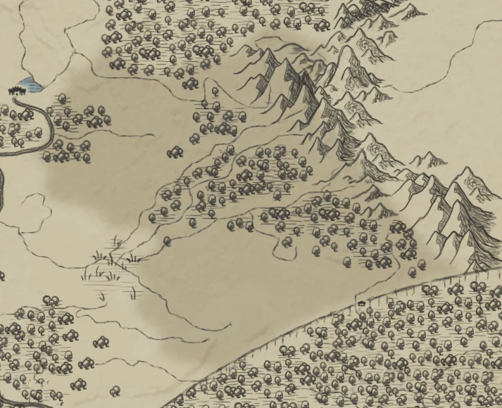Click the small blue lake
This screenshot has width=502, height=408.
tap(30, 85)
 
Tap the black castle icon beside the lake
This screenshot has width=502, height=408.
tap(14, 90)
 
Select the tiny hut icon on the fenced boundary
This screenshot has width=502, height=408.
tap(361, 302)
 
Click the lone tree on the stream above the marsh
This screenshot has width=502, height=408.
tap(167, 241)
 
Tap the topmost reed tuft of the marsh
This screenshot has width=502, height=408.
tap(117, 241)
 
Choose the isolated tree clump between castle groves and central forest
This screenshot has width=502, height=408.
tap(175, 152)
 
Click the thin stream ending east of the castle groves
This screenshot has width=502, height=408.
tap(127, 134)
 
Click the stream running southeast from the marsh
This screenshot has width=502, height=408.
tap(176, 310)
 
